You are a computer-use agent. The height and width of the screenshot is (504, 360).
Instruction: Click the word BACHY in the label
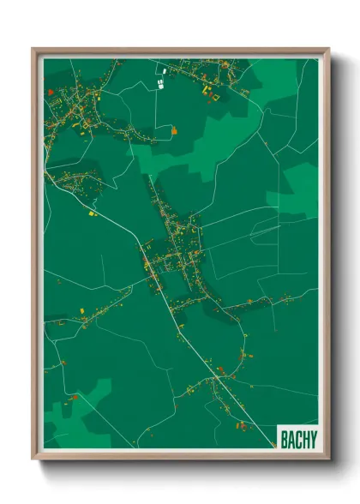pos(297,440)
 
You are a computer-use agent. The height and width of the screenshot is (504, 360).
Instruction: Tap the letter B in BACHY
pos(284,440)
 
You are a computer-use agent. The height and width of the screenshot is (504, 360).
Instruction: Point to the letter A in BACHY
pos(291,440)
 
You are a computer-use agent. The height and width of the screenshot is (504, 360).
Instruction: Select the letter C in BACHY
pos(297,440)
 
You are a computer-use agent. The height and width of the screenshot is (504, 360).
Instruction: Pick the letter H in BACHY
pos(304,440)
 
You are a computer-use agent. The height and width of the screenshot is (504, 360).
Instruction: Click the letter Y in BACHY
pos(312,440)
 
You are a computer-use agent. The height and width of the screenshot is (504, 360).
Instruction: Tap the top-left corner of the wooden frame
pos(33,49)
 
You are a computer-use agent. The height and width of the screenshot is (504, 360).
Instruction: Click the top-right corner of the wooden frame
pos(328,49)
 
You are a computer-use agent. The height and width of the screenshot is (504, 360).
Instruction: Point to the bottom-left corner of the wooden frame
pos(33,459)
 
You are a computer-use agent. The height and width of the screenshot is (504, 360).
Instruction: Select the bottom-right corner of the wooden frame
pos(328,459)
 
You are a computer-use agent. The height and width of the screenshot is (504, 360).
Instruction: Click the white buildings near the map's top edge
pos(161,75)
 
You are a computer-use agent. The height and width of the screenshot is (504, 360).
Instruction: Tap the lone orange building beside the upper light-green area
pos(174,131)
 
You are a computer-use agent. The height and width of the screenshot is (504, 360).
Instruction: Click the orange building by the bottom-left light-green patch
pos(74,397)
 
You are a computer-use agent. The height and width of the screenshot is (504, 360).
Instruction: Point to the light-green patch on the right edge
pos(300,184)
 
